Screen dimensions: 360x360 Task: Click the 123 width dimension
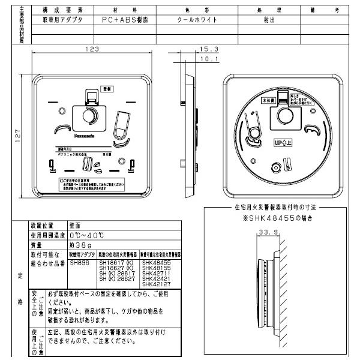click(91, 49)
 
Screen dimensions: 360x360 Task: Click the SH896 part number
click(79, 262)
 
